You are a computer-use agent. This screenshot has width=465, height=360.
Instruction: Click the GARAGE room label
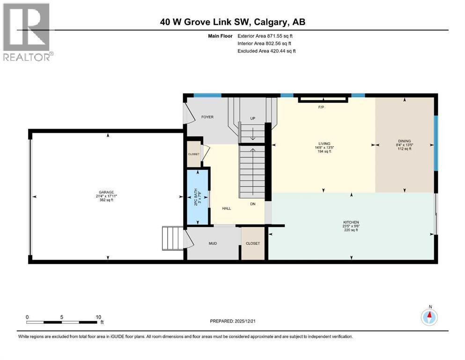tap(106, 192)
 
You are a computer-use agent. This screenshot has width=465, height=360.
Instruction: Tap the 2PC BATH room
tap(198, 197)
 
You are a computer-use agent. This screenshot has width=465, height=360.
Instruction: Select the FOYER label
tap(207, 117)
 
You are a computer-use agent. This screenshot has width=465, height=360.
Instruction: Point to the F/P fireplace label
tap(321, 107)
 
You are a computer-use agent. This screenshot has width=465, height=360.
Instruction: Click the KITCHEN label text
tap(350, 222)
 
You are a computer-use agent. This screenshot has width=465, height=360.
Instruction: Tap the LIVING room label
tap(324, 143)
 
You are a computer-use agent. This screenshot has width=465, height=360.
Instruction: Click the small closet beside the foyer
tap(194, 154)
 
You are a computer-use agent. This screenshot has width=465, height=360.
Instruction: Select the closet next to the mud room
tap(253, 243)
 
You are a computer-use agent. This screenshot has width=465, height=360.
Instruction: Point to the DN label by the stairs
tap(252, 204)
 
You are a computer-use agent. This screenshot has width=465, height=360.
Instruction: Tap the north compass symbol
tap(429, 317)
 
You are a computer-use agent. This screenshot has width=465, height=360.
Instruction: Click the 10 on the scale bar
tap(98, 317)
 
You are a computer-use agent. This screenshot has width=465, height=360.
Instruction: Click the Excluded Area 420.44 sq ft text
tap(266, 51)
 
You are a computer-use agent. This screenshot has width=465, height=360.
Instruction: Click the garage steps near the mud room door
tap(172, 238)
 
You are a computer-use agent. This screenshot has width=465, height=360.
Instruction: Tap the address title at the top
tap(232, 22)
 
